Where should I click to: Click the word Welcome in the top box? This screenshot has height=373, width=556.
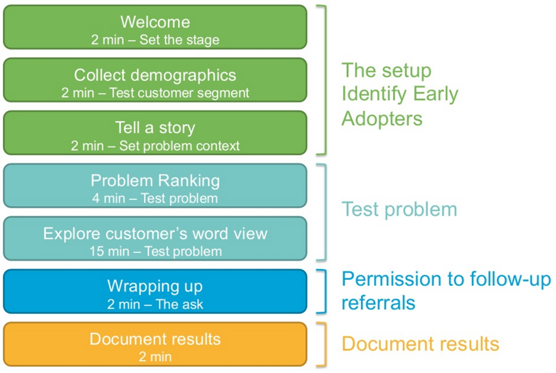(x=155, y=22)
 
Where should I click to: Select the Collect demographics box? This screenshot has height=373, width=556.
(x=155, y=80)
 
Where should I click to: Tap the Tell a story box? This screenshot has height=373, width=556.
(x=155, y=133)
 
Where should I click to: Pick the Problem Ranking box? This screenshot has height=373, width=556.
(x=155, y=186)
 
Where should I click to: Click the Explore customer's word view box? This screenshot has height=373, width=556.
(x=155, y=239)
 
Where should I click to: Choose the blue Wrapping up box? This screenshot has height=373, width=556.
(x=155, y=291)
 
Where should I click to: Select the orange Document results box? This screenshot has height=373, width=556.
(x=155, y=344)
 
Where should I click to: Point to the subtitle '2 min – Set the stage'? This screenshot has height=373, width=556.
(x=155, y=39)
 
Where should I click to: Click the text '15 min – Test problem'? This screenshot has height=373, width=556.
(x=155, y=251)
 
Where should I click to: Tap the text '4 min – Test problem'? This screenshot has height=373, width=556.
(x=155, y=198)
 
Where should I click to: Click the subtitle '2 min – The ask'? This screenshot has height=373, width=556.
(x=155, y=304)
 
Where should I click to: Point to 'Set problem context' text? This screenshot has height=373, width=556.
(x=179, y=146)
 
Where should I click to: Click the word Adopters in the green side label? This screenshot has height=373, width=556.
(x=381, y=119)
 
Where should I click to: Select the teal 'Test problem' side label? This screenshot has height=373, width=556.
(x=399, y=209)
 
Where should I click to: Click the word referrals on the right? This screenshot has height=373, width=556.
(x=378, y=303)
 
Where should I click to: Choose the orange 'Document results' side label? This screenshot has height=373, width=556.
(x=420, y=344)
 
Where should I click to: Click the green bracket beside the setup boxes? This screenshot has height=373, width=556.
(x=324, y=80)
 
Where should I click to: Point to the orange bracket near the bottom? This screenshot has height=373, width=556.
(x=324, y=344)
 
